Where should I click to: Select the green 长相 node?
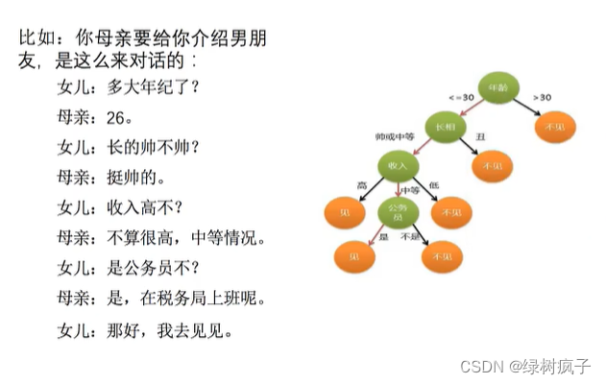pyautogui.click(x=445, y=127)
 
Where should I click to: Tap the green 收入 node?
pyautogui.click(x=397, y=165)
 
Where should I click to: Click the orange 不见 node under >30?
pyautogui.click(x=554, y=127)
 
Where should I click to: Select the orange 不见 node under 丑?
pyautogui.click(x=492, y=166)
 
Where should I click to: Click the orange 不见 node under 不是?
pyautogui.click(x=443, y=256)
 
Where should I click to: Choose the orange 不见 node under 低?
pyautogui.click(x=451, y=211)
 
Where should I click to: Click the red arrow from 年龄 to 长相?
pyautogui.click(x=471, y=108)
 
